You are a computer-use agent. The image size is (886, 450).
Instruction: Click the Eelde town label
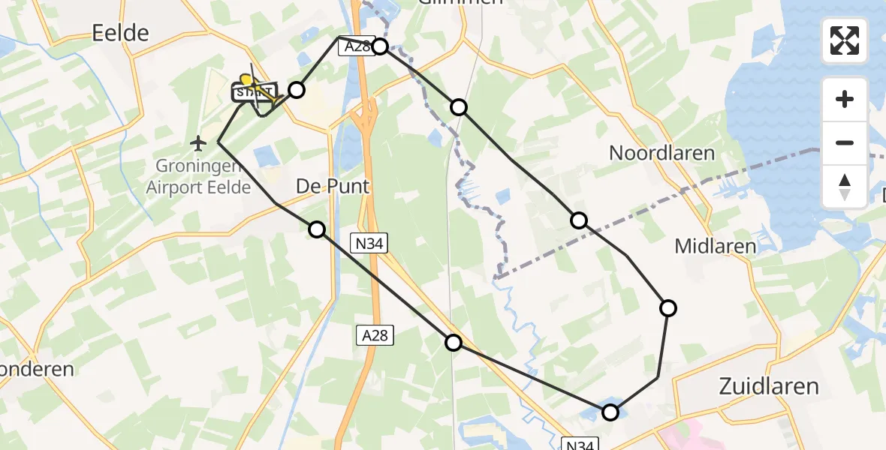pos(120,32)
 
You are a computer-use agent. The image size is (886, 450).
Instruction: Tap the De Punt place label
pos(333,185)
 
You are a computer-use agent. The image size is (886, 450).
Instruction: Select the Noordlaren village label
pos(661,153)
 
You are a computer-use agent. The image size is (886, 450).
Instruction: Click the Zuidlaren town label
pos(768,386)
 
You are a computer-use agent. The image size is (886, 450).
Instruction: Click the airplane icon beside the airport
pos(198,142)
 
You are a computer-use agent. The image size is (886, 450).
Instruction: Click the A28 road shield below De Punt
pos(375,335)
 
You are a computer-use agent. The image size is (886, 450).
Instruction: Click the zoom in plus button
pos(845,99)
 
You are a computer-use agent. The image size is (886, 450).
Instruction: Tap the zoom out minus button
pos(845,142)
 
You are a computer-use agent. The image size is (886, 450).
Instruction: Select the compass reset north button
pos(845,186)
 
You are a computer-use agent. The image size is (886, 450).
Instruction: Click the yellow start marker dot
pos(245,79)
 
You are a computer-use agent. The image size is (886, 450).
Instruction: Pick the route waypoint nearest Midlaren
pos(668,307)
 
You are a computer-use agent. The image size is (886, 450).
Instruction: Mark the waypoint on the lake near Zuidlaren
pos(610,412)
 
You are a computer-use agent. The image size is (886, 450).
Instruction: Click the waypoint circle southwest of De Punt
pos(318,229)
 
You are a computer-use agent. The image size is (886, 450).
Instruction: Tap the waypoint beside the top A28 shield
pos(380,46)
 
